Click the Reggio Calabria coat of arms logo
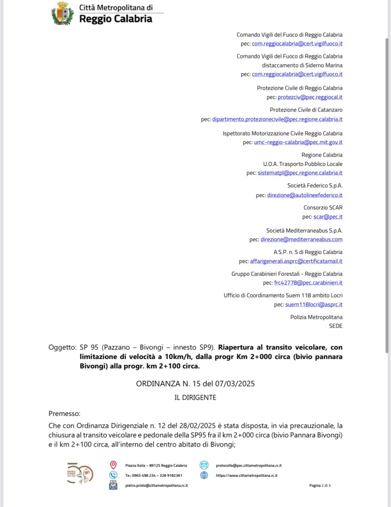click(x=62, y=13)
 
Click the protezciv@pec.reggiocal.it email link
click(x=310, y=98)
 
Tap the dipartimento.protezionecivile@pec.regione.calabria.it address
click(x=277, y=119)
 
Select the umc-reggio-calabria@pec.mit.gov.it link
click(x=298, y=143)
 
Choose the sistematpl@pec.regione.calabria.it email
click(x=300, y=173)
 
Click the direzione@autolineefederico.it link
click(x=304, y=195)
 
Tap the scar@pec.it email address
click(x=328, y=217)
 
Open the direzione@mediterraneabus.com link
click(x=304, y=240)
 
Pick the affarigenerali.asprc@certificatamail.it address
click(x=296, y=261)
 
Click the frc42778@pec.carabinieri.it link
click(x=308, y=283)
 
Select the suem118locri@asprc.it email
click(x=314, y=304)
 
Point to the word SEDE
click(x=335, y=326)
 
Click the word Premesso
click(x=64, y=413)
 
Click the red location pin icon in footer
click(x=113, y=465)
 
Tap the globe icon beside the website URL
click(x=204, y=475)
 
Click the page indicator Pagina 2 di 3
click(x=320, y=486)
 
